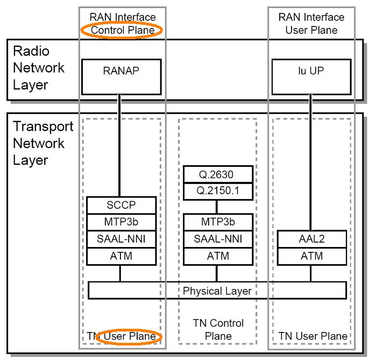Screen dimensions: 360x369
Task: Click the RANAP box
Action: [120, 75]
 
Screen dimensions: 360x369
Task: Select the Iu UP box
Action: [310, 75]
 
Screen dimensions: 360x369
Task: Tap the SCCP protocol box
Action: [122, 205]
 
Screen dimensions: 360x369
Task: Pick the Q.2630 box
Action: [217, 174]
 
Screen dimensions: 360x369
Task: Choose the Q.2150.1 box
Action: [217, 189]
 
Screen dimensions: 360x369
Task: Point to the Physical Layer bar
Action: [217, 291]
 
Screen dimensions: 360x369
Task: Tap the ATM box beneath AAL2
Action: [311, 256]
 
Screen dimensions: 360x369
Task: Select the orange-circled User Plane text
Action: [132, 336]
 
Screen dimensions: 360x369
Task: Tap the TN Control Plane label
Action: [217, 329]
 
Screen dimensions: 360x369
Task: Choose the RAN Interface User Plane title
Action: [311, 24]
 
